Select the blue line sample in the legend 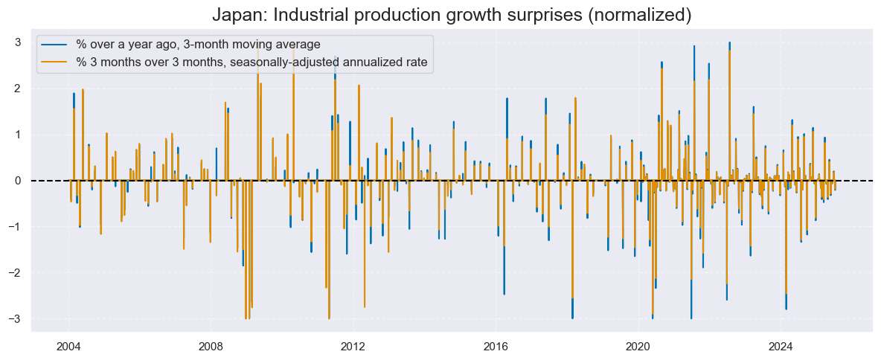tap(56, 45)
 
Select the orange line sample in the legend tap(56, 62)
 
